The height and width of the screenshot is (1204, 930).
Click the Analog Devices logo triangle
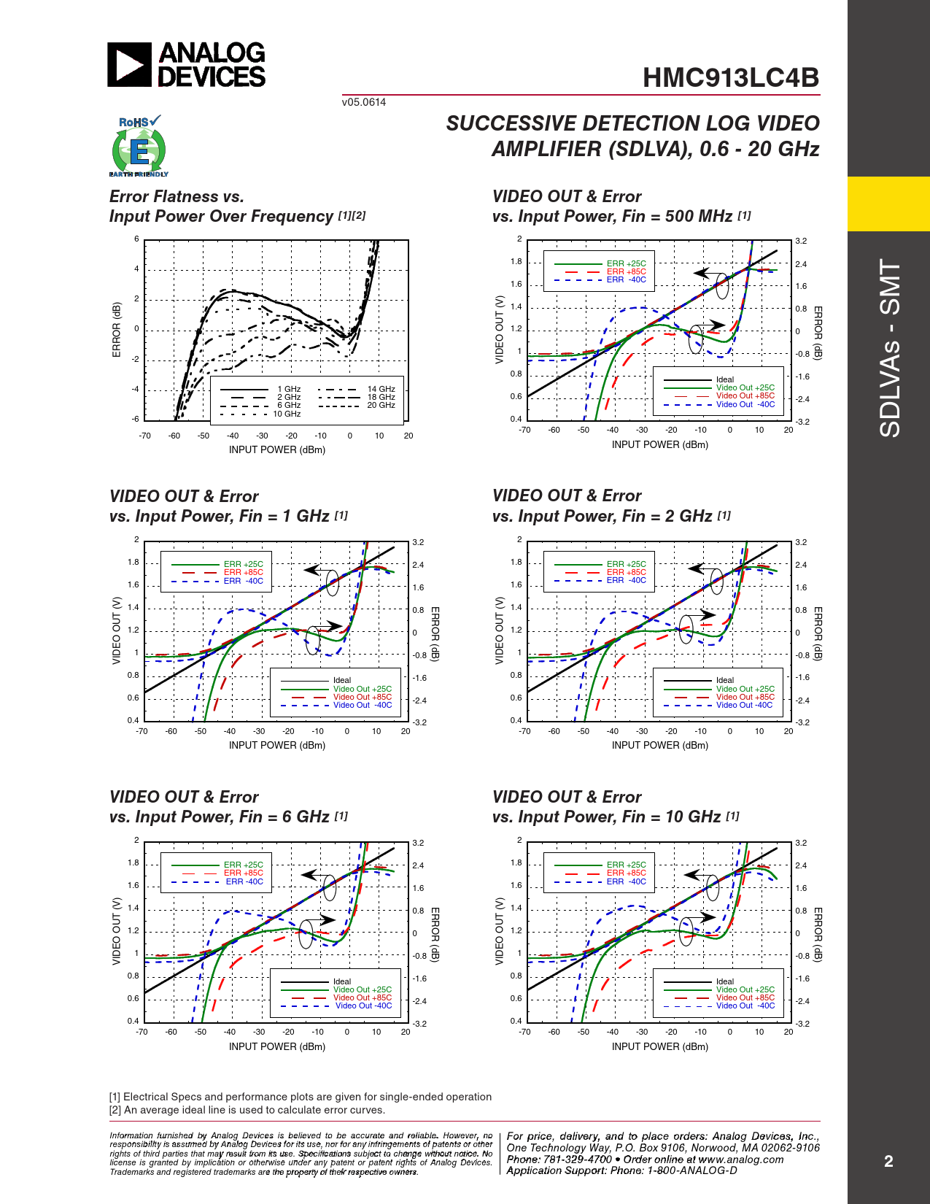coord(129,65)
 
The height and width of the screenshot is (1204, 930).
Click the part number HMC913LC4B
coord(730,78)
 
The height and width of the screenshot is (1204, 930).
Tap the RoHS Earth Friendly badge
coord(139,147)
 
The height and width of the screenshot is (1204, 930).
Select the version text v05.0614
coord(363,102)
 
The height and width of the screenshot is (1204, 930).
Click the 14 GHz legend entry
coord(381,390)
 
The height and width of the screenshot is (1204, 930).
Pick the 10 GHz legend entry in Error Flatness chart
coord(287,414)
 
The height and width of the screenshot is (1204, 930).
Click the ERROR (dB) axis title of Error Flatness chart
coord(116,330)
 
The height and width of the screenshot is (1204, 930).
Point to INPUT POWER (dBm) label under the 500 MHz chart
coord(659,444)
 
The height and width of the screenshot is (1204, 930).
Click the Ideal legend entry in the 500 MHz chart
coord(725,379)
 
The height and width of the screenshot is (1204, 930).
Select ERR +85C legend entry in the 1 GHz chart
coord(243,572)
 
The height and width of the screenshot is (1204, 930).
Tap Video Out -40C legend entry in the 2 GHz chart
coord(744,705)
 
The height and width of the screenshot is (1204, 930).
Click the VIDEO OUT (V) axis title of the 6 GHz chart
coord(116,931)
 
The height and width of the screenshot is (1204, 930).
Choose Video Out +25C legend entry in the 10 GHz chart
coord(745,989)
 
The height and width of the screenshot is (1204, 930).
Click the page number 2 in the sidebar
coord(888,1161)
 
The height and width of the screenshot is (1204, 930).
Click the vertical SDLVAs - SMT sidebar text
coord(890,348)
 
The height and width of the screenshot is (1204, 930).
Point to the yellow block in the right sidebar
coord(888,204)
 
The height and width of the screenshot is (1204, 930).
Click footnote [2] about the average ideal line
coord(247,1110)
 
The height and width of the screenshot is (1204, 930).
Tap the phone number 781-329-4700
coord(577,1159)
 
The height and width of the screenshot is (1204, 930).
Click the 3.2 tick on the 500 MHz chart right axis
coord(801,241)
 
